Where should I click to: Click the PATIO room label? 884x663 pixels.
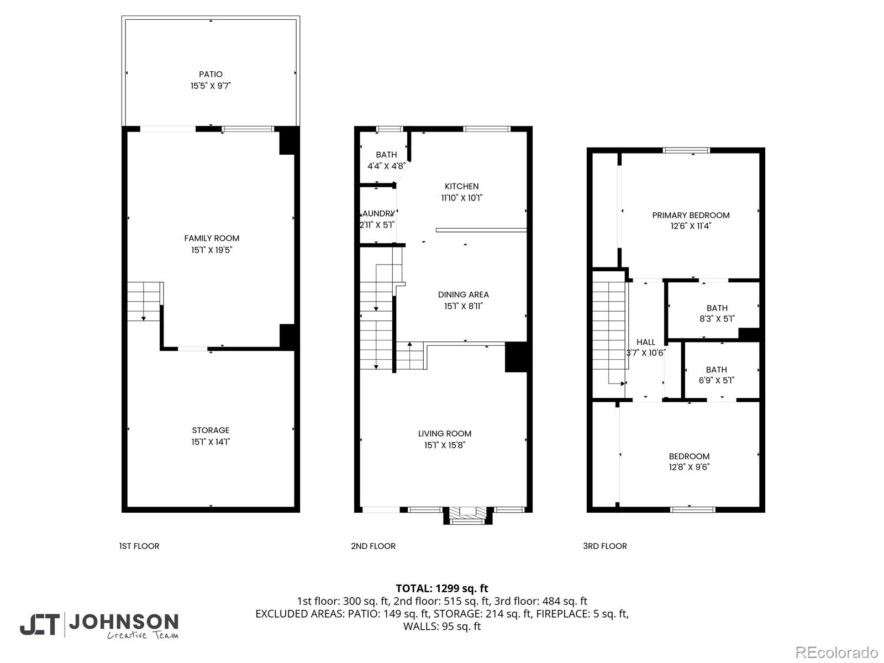(x=211, y=74)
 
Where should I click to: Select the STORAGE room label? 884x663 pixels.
(x=211, y=430)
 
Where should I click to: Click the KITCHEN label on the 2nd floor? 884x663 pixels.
(x=461, y=186)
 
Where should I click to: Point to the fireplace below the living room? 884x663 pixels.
(x=467, y=515)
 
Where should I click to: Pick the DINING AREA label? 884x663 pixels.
(x=463, y=294)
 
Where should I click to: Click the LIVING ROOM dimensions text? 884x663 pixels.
(x=445, y=445)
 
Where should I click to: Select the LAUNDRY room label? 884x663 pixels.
(x=378, y=214)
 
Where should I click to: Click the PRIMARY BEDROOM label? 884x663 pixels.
(x=691, y=215)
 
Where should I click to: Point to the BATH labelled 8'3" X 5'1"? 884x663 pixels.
(x=717, y=313)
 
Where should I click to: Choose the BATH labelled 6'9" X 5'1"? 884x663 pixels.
(x=716, y=375)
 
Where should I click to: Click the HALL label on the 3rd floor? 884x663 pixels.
(x=645, y=342)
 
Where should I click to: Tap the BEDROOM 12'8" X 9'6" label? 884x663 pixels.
(x=689, y=461)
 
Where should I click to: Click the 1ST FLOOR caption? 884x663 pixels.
(x=139, y=546)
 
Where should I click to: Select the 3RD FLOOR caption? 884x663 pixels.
(x=604, y=546)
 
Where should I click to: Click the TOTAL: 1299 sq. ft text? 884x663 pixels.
(x=441, y=588)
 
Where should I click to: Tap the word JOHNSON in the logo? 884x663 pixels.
(x=123, y=622)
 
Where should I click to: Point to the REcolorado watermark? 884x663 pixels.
(x=836, y=652)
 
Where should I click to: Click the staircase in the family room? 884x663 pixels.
(x=144, y=301)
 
